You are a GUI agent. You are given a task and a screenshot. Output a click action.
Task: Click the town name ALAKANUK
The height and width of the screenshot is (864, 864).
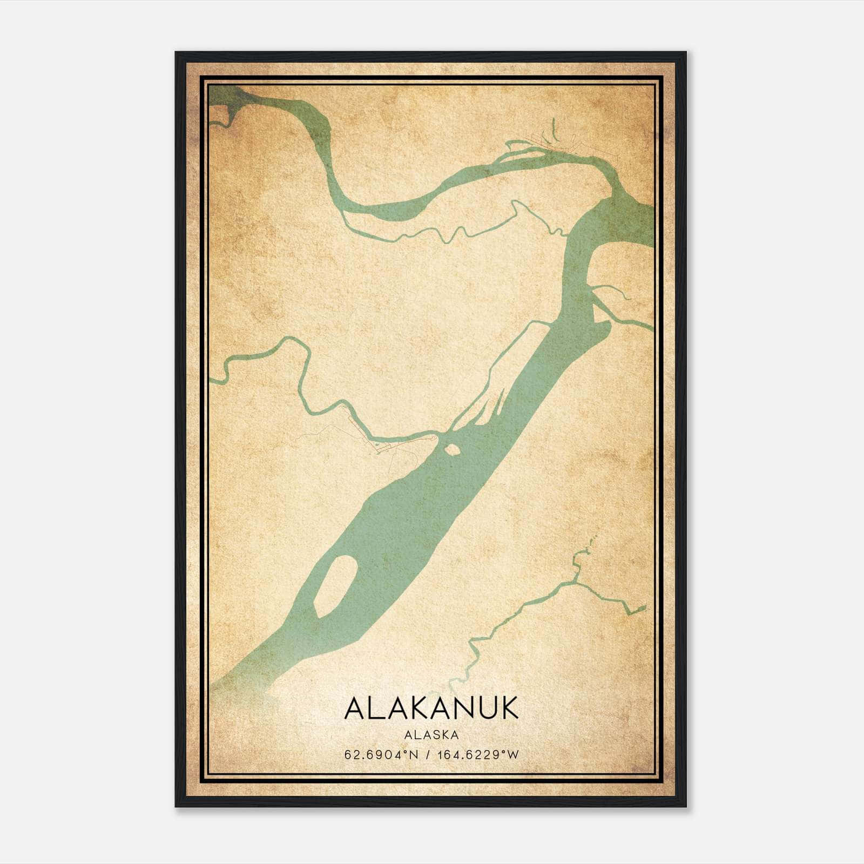tap(431, 708)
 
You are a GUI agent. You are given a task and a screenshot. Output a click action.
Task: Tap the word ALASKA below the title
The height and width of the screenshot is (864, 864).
tap(431, 735)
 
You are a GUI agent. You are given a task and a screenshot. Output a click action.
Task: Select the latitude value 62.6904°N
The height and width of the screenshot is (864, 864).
tap(382, 755)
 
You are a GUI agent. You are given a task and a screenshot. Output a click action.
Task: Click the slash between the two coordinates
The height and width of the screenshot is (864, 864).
tap(428, 755)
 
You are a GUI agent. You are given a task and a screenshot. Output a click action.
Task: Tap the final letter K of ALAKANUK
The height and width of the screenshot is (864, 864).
tap(509, 708)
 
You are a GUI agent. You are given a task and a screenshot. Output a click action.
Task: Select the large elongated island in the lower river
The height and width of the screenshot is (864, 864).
tap(335, 585)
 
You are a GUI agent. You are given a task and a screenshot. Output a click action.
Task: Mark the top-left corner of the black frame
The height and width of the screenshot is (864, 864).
tap(176, 53)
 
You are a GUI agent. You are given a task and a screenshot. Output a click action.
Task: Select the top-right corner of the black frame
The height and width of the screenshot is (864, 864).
tap(685, 53)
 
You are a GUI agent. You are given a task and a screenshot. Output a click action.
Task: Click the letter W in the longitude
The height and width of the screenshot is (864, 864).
tap(514, 755)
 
